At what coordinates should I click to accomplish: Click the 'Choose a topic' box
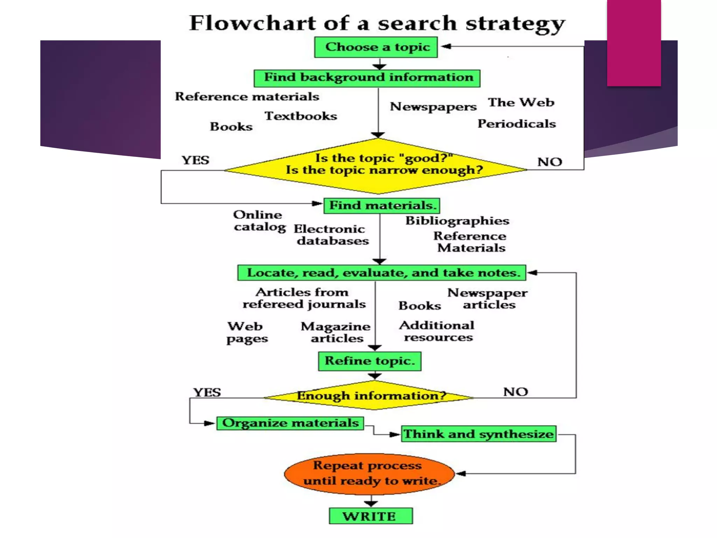coord(376,47)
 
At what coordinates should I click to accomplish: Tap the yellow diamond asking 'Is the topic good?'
coord(376,166)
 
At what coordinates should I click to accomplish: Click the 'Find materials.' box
coord(382,206)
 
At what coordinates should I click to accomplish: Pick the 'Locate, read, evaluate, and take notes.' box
coord(382,273)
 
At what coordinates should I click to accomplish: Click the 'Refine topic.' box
coord(370,361)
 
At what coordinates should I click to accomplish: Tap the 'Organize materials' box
coord(290,423)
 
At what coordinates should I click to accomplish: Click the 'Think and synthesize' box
coord(479,434)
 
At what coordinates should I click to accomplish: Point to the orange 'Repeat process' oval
coord(369,474)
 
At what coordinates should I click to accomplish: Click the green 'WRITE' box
coord(370,516)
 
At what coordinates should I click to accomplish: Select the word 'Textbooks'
coord(301,116)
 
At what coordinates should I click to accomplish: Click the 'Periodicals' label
coord(517,124)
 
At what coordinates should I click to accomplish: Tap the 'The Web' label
coord(521,103)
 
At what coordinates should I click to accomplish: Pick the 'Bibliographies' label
coord(457,221)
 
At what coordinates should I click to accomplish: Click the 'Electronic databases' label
coord(331,235)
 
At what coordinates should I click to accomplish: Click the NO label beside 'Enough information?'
coord(515,392)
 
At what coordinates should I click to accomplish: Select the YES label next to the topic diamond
coord(195,160)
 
